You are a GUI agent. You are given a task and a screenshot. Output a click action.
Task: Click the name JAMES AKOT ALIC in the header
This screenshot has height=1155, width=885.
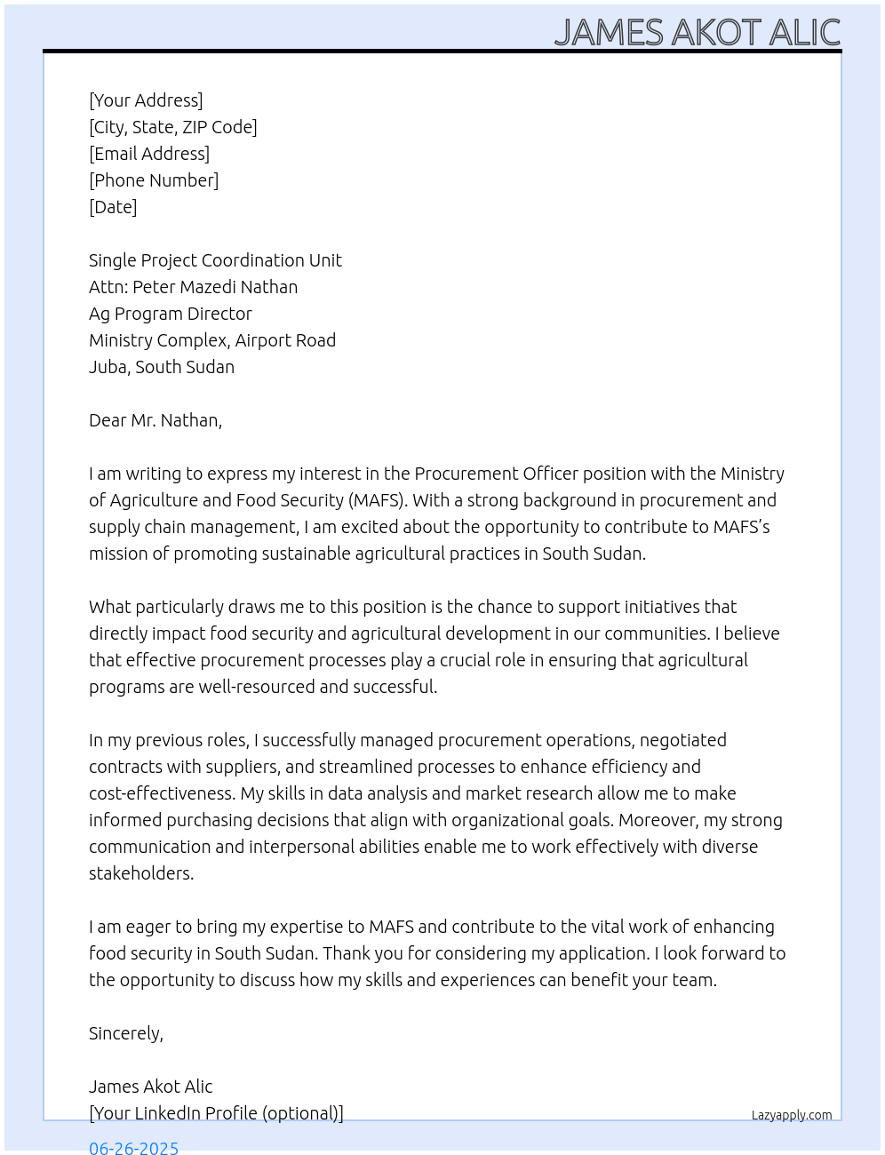(698, 33)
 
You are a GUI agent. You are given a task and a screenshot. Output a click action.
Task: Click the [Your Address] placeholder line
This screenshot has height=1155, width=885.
(146, 100)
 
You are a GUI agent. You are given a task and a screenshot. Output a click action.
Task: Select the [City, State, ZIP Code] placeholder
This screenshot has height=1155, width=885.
(173, 127)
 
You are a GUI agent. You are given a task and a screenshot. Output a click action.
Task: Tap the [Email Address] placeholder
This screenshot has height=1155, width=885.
(149, 154)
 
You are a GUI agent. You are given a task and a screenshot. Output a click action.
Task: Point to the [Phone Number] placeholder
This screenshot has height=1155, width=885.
(154, 180)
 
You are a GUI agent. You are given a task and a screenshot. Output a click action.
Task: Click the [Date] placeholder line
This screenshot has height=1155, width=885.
(113, 207)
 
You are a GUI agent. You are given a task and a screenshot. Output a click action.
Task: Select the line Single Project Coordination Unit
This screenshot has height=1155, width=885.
(215, 260)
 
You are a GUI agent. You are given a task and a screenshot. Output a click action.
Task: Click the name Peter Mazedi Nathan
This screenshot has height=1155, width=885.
(215, 287)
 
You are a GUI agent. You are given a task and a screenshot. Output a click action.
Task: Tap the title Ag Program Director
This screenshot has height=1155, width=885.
(171, 314)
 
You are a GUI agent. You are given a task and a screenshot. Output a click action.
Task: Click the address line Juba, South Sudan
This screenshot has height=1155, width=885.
(162, 367)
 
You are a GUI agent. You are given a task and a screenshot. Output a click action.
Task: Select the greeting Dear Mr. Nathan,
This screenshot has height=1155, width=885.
(155, 420)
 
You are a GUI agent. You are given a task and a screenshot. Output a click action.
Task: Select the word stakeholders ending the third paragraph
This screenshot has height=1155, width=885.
(140, 873)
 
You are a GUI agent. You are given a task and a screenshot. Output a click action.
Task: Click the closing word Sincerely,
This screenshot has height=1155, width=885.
(126, 1033)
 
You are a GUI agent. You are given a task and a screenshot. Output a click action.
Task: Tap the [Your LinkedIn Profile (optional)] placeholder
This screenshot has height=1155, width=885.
(216, 1113)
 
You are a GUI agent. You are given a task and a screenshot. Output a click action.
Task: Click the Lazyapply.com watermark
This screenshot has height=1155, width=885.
(792, 1115)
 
